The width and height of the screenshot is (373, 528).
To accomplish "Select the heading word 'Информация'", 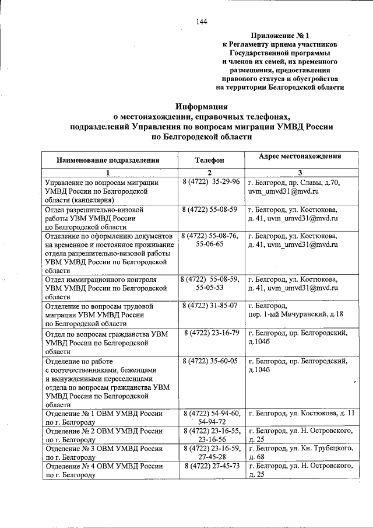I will click(202, 106).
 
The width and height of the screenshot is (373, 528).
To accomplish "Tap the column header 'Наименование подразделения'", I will click(108, 159).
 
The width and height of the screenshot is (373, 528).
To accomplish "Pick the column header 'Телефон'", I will click(209, 159).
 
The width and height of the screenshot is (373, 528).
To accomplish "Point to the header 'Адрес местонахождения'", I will click(300, 156).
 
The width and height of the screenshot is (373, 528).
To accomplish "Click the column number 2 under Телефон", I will click(209, 173).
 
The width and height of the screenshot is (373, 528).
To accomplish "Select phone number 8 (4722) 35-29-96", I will click(210, 182).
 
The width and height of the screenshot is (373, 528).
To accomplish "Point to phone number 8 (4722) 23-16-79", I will click(212, 333).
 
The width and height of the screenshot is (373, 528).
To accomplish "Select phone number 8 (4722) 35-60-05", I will click(210, 361).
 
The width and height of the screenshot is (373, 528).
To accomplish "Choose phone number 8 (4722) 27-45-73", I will click(212, 466).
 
